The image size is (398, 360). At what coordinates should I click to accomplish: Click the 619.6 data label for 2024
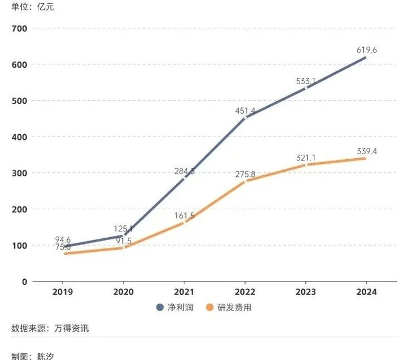pyautogui.click(x=367, y=50)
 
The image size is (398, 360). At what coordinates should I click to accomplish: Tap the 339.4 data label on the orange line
pyautogui.click(x=367, y=151)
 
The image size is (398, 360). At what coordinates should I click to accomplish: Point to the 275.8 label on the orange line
pyautogui.click(x=245, y=174)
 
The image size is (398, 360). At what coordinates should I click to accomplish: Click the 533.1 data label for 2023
pyautogui.click(x=306, y=81)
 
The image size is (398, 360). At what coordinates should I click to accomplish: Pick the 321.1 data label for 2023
pyautogui.click(x=306, y=158)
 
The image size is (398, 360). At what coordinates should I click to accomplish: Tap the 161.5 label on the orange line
pyautogui.click(x=184, y=216)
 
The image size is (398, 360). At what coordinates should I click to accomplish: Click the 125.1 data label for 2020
pyautogui.click(x=123, y=229)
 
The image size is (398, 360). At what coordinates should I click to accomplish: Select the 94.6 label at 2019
pyautogui.click(x=63, y=239)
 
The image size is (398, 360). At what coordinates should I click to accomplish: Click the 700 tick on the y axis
pyautogui.click(x=19, y=28)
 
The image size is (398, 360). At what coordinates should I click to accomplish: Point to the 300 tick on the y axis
pyautogui.click(x=19, y=173)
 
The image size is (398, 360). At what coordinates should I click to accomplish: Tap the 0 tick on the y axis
pyautogui.click(x=24, y=282)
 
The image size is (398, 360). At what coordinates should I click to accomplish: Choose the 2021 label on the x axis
pyautogui.click(x=184, y=292)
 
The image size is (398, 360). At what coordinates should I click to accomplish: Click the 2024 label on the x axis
pyautogui.click(x=367, y=292)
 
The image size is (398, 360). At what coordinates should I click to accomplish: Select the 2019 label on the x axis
pyautogui.click(x=63, y=292)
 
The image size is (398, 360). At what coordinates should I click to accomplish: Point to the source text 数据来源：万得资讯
pyautogui.click(x=50, y=328)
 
